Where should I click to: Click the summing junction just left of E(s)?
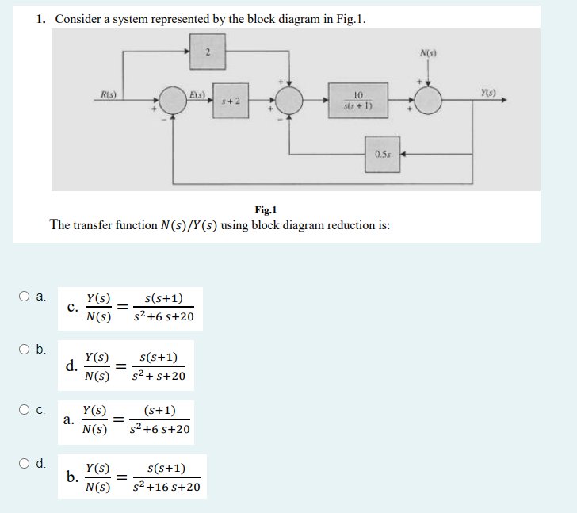[x=174, y=101]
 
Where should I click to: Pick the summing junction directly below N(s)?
[x=430, y=101]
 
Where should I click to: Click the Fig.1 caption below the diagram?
[x=266, y=209]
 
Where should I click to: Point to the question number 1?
[x=41, y=19]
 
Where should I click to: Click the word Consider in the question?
[x=78, y=19]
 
